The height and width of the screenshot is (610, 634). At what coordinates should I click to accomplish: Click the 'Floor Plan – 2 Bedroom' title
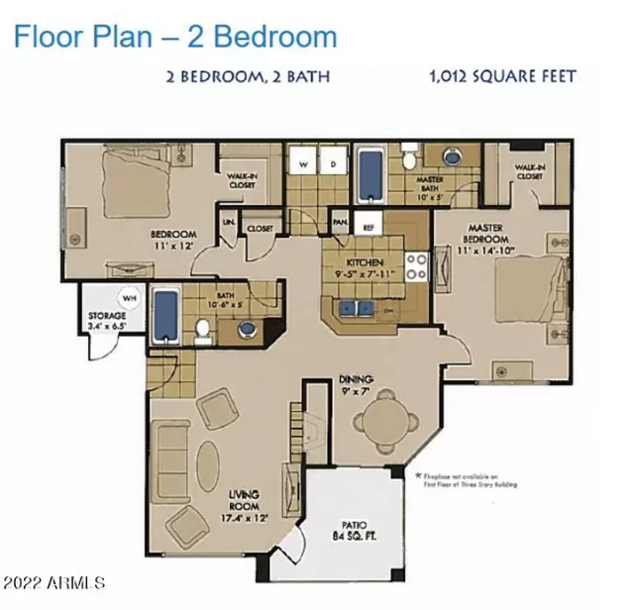pyautogui.click(x=175, y=37)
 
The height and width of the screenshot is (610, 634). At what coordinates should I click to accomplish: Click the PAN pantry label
pyautogui.click(x=340, y=224)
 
